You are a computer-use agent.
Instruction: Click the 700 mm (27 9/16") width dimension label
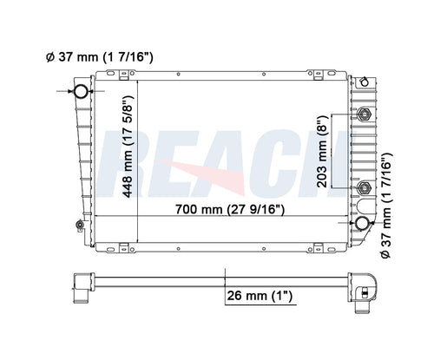230,209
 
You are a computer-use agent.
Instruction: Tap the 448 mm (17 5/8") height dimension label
128,147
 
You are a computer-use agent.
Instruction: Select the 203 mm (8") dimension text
321,151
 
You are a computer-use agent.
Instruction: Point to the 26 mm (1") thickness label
260,296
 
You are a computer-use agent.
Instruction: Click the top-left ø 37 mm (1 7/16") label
99,57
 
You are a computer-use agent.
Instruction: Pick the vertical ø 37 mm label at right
386,206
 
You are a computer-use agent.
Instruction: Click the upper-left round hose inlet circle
81,91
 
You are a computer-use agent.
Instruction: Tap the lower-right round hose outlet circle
362,223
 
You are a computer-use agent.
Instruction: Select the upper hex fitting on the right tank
365,115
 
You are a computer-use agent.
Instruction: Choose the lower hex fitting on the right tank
364,188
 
